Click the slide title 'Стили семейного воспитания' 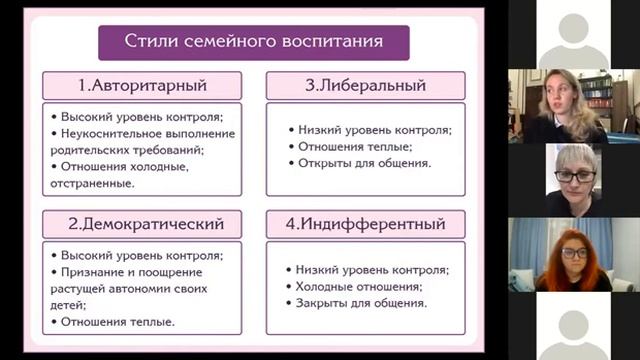coord(253,41)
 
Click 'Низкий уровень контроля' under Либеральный coord(375,130)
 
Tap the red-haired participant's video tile coord(573,255)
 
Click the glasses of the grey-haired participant coord(575,176)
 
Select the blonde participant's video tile coord(573,106)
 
